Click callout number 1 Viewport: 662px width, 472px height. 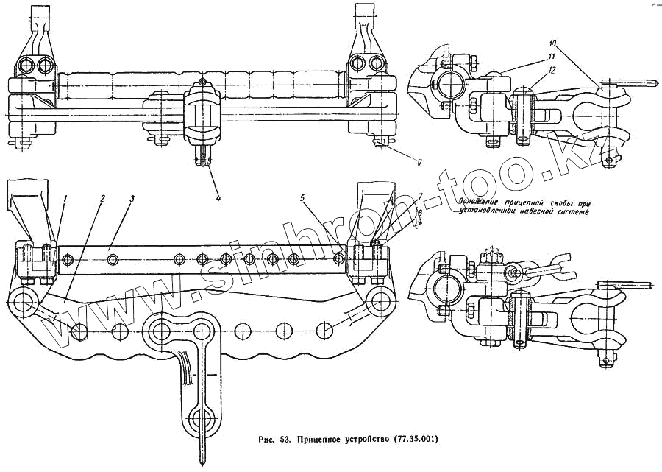(65, 198)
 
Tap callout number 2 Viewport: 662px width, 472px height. (102, 198)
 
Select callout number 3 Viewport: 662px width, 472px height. (131, 198)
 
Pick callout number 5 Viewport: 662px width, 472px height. (303, 198)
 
